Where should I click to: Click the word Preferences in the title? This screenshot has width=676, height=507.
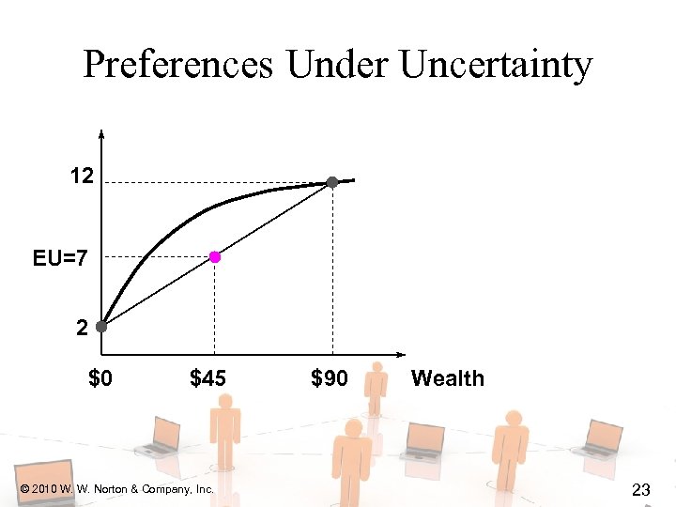[x=178, y=66]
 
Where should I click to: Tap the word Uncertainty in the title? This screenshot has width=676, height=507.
[x=496, y=66]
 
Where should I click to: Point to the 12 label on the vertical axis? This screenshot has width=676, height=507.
[x=81, y=175]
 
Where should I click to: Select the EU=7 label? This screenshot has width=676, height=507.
[x=60, y=256]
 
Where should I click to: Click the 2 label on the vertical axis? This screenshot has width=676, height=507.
[x=82, y=329]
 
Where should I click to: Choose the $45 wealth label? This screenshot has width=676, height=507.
[x=207, y=378]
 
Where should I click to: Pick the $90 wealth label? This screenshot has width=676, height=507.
[x=329, y=378]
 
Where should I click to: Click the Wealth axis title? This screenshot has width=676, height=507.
[x=448, y=378]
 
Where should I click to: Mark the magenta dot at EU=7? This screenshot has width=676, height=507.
[x=215, y=256]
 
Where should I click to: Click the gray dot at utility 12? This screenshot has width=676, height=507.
[x=332, y=181]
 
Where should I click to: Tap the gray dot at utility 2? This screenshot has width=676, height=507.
[x=101, y=328]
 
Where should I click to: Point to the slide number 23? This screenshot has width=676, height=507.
[x=642, y=489]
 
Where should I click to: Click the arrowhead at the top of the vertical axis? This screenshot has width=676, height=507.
[x=101, y=134]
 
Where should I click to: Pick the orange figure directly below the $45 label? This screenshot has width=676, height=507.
[x=225, y=432]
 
